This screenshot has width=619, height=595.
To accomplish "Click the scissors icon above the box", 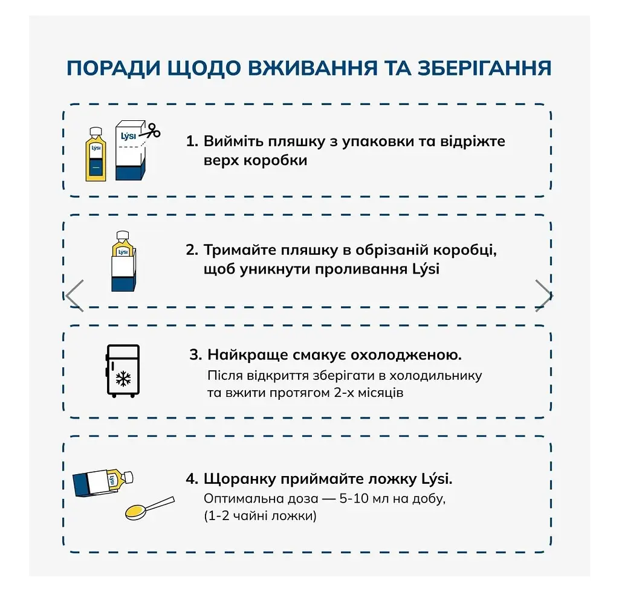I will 153,130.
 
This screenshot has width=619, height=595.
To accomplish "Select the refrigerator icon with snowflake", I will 123,370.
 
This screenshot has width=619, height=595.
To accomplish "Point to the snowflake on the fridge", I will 123,379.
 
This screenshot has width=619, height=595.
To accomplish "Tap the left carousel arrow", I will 74,295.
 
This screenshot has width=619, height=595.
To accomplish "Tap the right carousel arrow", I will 543,295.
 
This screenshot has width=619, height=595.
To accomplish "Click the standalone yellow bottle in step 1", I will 96,154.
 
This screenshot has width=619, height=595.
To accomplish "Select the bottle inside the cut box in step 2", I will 123,245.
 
